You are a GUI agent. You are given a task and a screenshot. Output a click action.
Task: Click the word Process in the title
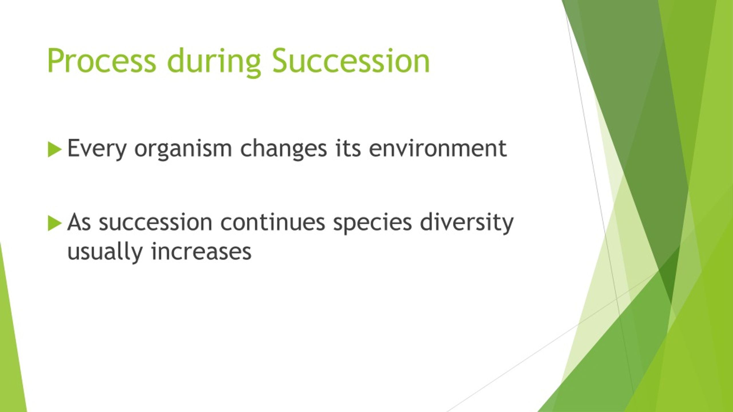click(x=102, y=61)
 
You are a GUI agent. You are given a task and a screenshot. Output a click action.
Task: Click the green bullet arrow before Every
click(x=55, y=149)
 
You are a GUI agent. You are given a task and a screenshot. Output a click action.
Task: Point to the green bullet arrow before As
click(x=55, y=223)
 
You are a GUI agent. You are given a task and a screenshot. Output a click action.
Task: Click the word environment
click(x=438, y=148)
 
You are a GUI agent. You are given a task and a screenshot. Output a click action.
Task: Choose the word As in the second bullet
click(x=79, y=222)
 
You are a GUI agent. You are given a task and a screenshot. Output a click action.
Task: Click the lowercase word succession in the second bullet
click(x=155, y=222)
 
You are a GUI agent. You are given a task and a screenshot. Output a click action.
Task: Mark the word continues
click(x=273, y=222)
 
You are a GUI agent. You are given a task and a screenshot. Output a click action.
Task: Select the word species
click(x=372, y=223)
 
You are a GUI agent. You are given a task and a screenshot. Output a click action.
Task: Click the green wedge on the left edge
click(x=11, y=338)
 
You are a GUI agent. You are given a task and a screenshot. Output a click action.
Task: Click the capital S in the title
click(x=280, y=60)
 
